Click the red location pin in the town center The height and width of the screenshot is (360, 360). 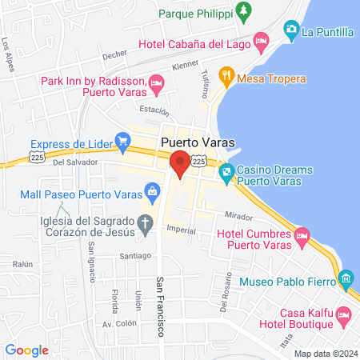tap(180, 162)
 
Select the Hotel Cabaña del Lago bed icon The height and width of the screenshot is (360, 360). tap(261, 40)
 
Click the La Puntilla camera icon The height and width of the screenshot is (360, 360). tap(290, 32)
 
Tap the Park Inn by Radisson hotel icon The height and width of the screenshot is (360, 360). tap(156, 82)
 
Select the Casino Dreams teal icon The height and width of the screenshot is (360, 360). tap(227, 170)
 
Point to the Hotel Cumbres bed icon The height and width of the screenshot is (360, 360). tap(302, 237)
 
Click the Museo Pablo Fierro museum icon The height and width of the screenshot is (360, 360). tap(346, 279)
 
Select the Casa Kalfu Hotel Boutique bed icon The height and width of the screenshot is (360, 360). tap(343, 313)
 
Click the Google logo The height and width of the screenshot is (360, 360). tap(26, 350)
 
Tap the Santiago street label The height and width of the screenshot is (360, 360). tap(135, 256)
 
